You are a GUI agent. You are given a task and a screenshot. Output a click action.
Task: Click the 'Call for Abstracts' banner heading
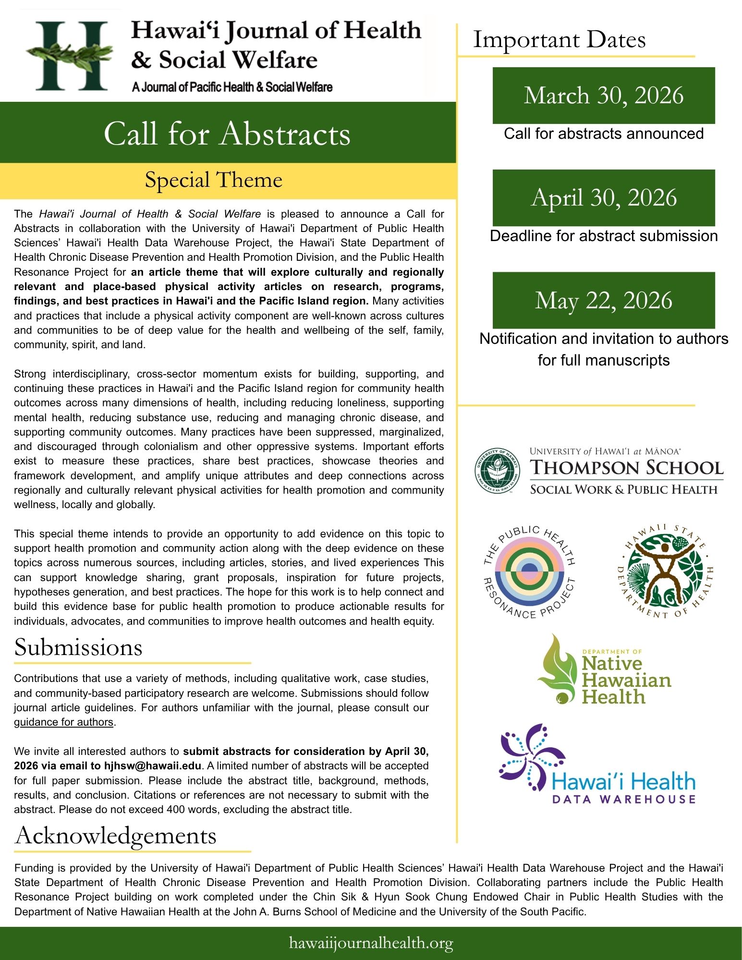227,134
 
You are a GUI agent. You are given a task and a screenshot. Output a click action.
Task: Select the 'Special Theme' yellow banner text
213,181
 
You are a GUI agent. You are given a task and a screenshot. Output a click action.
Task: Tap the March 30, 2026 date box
603,96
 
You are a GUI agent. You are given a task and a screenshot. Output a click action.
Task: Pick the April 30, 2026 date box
603,198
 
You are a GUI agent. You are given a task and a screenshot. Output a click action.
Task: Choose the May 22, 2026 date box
603,301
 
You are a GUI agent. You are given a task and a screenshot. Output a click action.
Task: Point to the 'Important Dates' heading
559,40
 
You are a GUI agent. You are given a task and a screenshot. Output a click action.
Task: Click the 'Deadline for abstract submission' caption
603,236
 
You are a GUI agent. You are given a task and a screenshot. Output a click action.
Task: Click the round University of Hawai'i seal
497,471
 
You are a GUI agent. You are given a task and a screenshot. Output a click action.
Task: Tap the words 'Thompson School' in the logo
626,468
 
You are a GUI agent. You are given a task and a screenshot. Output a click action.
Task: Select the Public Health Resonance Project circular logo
529,572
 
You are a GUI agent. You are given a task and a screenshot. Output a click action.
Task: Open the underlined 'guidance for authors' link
63,722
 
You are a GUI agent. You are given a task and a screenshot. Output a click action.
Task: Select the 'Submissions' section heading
78,647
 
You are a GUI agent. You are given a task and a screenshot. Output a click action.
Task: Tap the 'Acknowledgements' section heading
115,836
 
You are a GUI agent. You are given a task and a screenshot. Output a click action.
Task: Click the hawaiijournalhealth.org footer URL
371,943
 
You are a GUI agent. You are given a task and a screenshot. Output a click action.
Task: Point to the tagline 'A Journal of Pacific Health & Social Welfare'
232,87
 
